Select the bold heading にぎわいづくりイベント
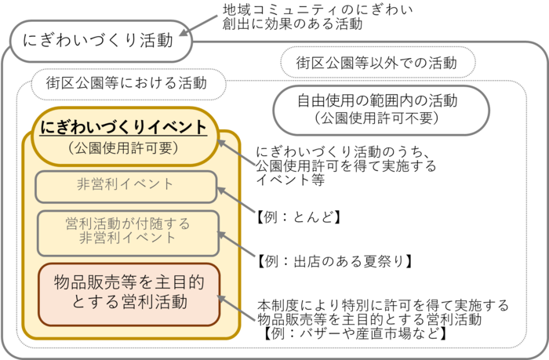coord(123,127)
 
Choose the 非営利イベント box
coord(125,186)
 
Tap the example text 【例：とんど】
coord(298,217)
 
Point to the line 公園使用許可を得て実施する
coord(346,166)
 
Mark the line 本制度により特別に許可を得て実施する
coord(383,305)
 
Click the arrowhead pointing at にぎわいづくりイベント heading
coord(222,141)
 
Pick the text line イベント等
coord(289,180)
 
